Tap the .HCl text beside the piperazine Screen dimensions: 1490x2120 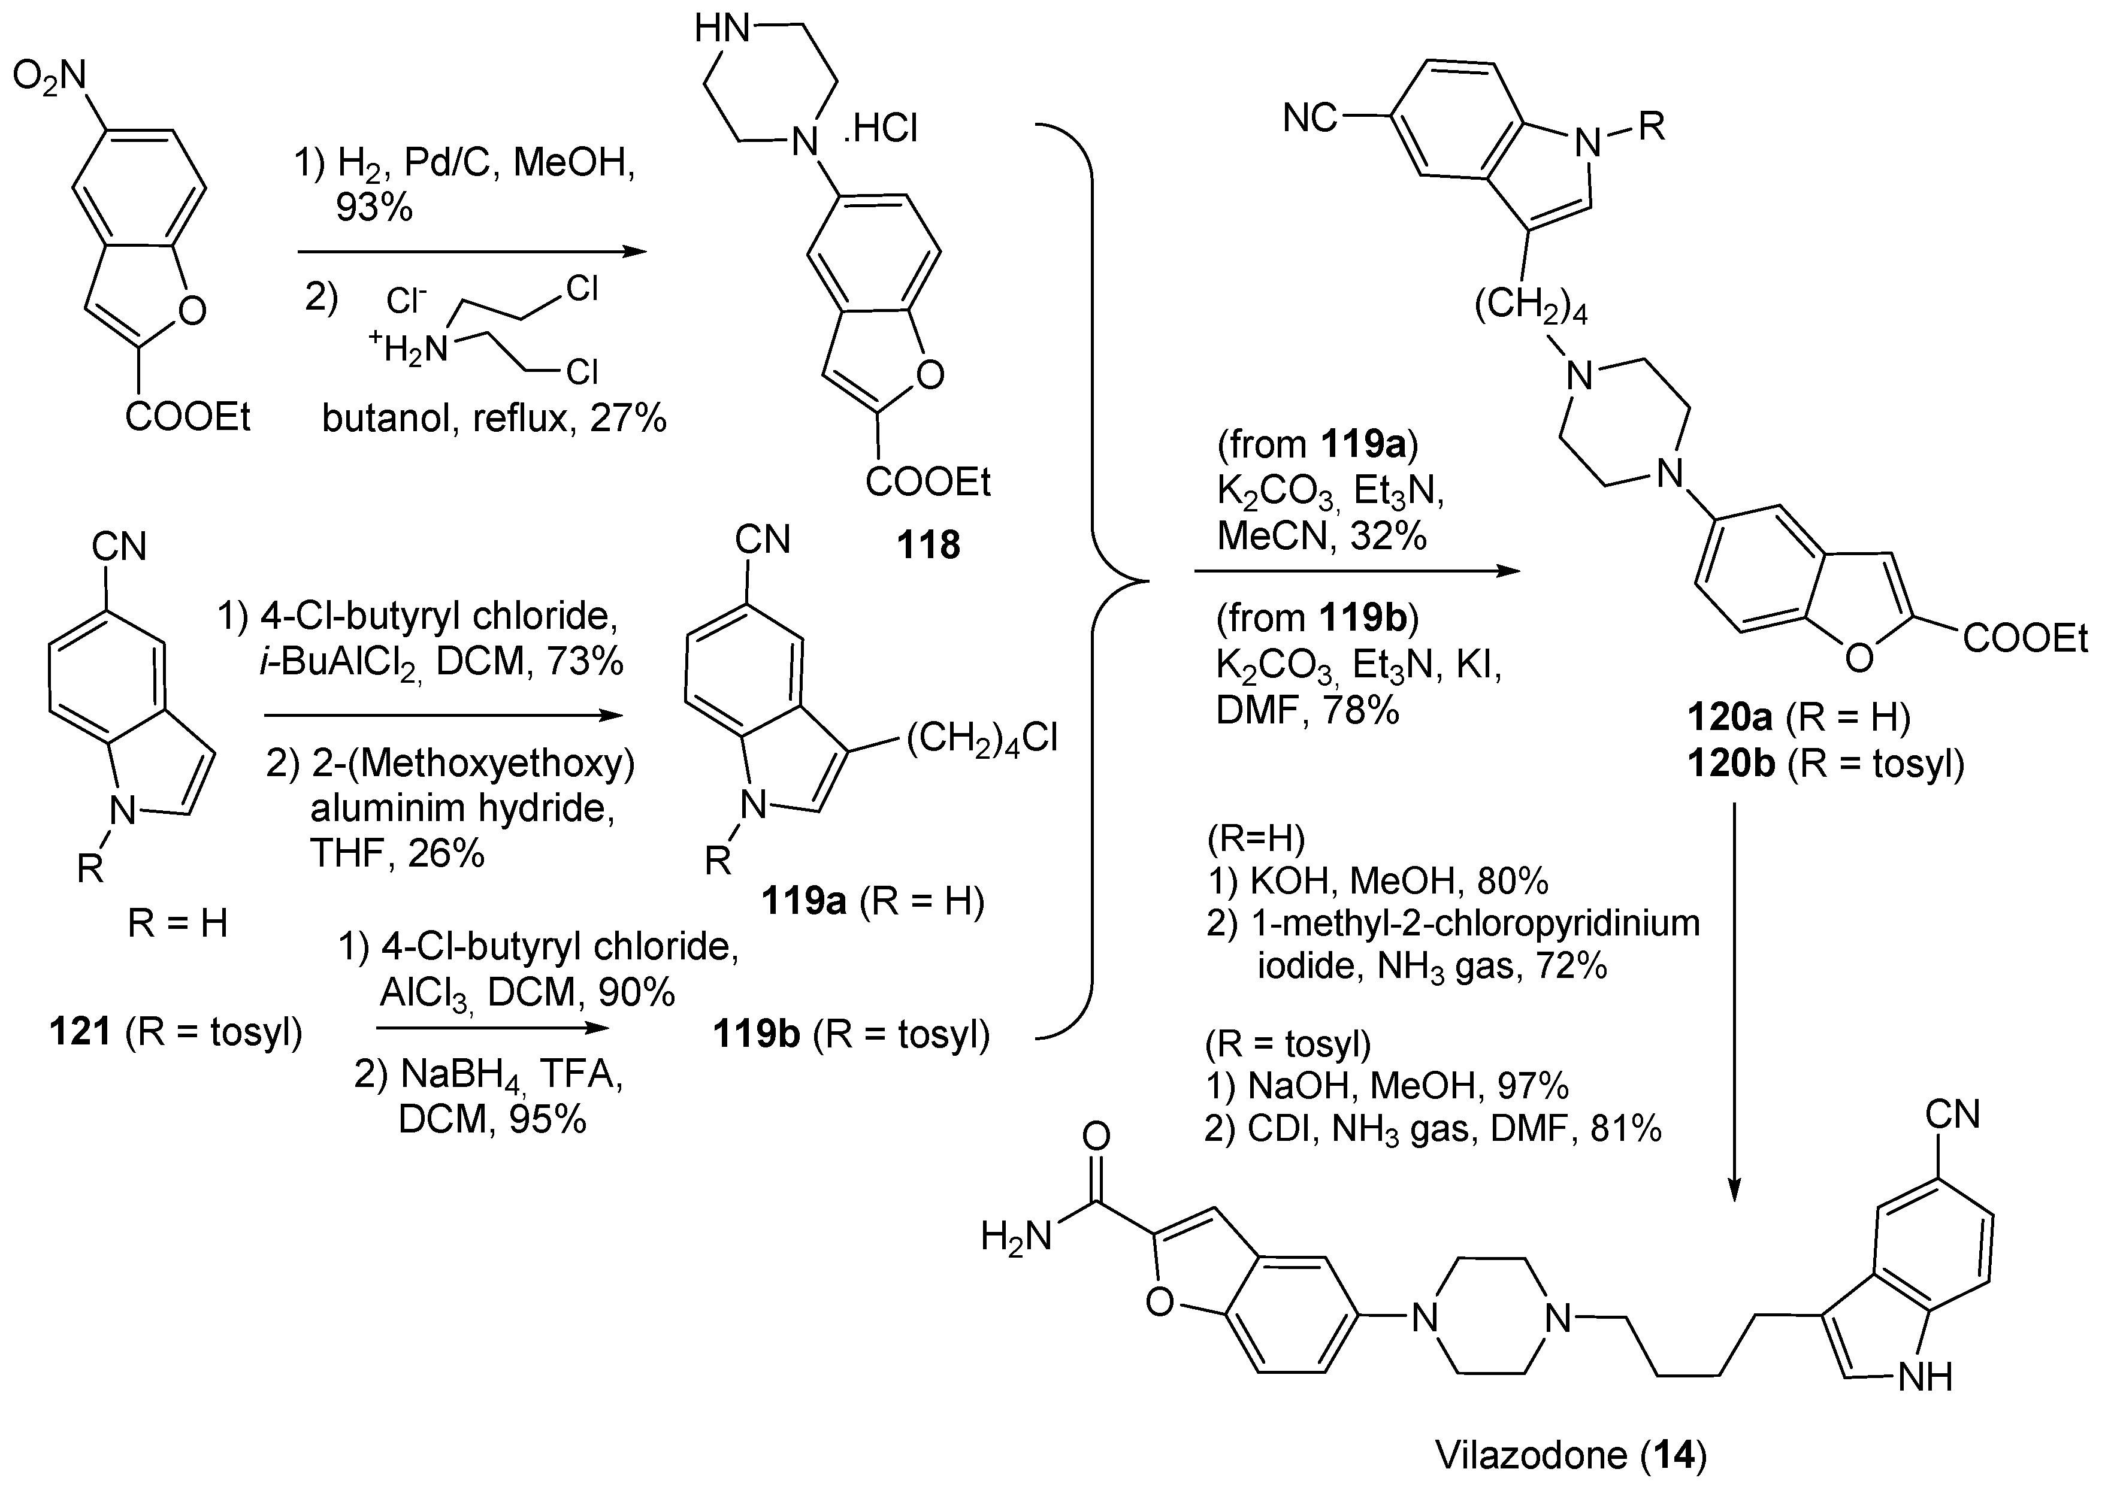pos(880,130)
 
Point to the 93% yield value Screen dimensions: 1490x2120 pos(374,208)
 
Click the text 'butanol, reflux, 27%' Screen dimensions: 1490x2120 pos(494,420)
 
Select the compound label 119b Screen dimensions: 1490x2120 pos(755,1035)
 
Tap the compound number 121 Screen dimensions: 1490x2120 pos(80,1031)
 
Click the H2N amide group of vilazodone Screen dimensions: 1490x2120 pos(1016,1237)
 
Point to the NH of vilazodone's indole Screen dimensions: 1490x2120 pos(1924,1377)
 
